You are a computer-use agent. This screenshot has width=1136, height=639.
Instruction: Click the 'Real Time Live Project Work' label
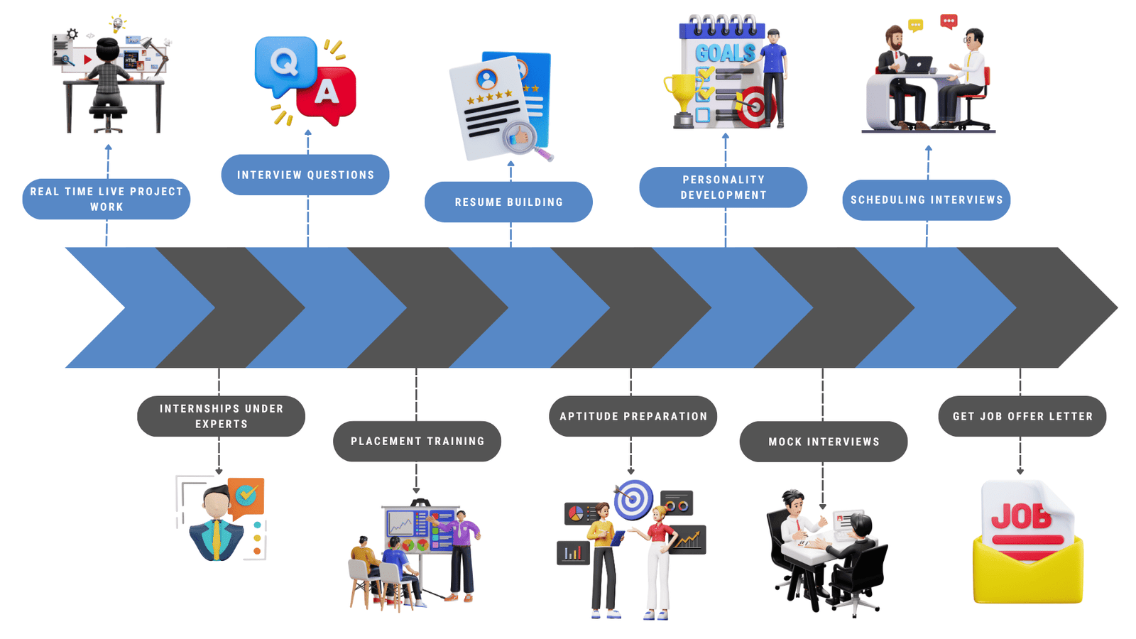tap(106, 199)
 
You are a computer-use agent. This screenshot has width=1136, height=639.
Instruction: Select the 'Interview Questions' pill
tap(305, 175)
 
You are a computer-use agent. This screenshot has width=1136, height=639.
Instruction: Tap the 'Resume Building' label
tap(508, 202)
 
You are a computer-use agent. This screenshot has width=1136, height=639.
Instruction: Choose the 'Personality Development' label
tap(723, 187)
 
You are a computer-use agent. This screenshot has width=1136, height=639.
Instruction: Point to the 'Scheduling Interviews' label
tap(927, 200)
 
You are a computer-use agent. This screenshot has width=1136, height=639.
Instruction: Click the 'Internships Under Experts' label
tap(221, 416)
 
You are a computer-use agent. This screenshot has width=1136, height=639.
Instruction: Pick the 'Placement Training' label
tap(417, 442)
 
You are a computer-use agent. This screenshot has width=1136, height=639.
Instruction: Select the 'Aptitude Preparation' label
tap(633, 416)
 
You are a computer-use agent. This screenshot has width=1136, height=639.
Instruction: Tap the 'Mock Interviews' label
tap(824, 442)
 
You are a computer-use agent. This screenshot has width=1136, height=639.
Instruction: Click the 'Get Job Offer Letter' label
tap(1022, 416)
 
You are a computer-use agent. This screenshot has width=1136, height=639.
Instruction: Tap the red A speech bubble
tap(327, 92)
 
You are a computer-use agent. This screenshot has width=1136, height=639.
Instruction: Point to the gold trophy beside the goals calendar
tap(682, 96)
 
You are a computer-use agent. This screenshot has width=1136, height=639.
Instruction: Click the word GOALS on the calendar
tap(724, 53)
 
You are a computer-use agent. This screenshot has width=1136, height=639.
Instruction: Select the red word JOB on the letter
tap(1021, 516)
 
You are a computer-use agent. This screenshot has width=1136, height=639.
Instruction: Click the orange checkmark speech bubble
tap(246, 495)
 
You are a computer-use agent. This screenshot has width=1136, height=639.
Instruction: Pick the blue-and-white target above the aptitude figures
tap(633, 499)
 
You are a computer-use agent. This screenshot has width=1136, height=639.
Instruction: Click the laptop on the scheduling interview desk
tap(919, 65)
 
